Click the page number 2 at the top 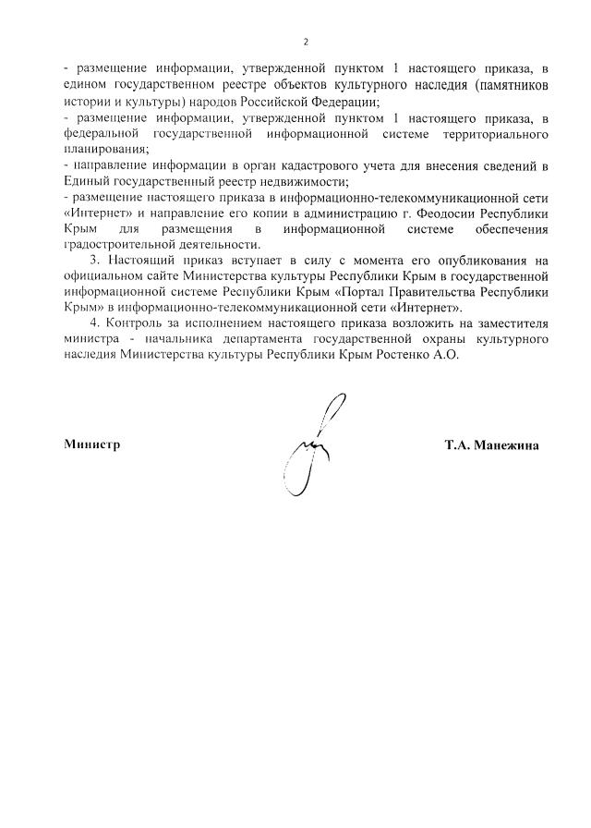point(305,42)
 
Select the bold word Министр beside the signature point(92,444)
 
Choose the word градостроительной point(121,244)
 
